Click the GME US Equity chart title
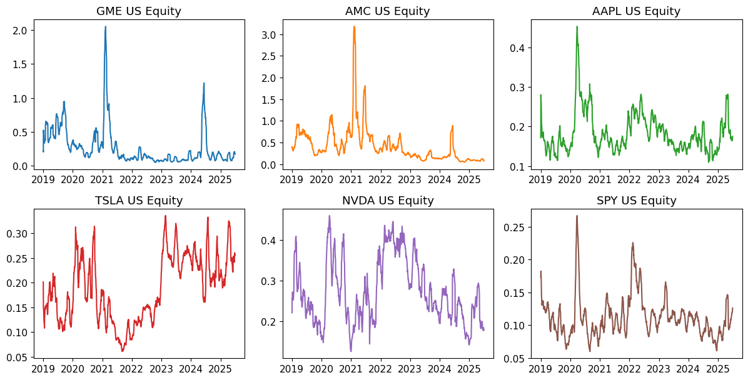[x=139, y=11]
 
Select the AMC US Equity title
[x=387, y=11]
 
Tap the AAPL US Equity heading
[x=636, y=11]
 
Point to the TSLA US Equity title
[x=139, y=201]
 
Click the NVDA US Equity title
[x=388, y=201]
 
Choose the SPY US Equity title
[x=636, y=201]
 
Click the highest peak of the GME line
[x=105, y=26]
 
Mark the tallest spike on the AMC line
[x=354, y=26]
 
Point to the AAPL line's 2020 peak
[x=577, y=26]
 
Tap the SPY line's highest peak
[x=577, y=216]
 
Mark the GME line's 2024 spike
[x=204, y=83]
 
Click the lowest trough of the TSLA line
[x=123, y=351]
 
